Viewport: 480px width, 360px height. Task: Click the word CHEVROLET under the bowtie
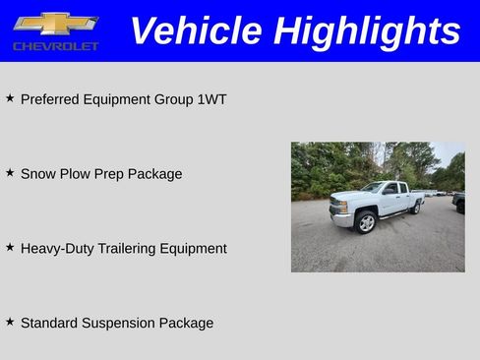(x=55, y=46)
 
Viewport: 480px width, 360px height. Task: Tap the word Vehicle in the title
(x=197, y=30)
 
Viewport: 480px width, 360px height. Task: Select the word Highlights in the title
(x=367, y=30)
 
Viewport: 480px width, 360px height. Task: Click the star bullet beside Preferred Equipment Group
(x=10, y=98)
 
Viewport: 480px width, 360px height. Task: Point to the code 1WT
(x=211, y=99)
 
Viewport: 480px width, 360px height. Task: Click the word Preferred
(x=50, y=99)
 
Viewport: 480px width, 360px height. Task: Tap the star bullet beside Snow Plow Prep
(x=10, y=172)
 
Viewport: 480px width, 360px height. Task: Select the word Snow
(x=37, y=174)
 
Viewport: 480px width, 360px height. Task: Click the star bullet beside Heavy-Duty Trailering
(x=10, y=247)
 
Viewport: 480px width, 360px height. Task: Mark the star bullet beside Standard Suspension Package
(x=10, y=322)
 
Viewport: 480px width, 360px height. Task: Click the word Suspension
(x=119, y=324)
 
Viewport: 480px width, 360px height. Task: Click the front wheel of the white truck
(x=366, y=223)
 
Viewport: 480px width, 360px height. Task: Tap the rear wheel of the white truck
(x=416, y=208)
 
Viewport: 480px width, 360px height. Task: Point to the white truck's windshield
(x=373, y=188)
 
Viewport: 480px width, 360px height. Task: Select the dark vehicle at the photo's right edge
(x=459, y=203)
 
